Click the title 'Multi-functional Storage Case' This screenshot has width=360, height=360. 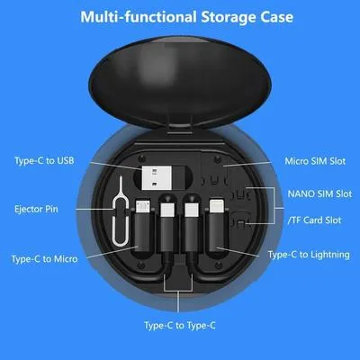(180, 16)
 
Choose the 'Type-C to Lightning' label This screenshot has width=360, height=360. (309, 256)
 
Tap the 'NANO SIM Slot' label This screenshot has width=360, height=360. (320, 193)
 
